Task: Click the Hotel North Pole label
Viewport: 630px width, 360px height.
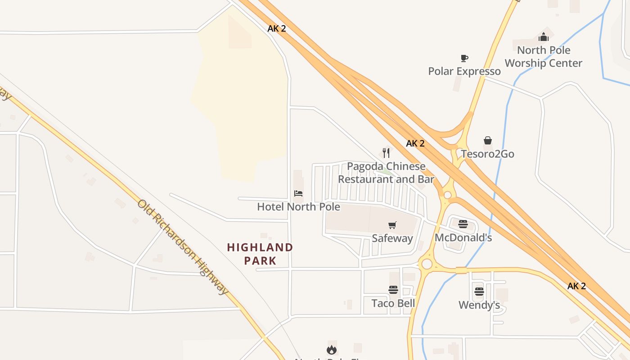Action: [x=298, y=207]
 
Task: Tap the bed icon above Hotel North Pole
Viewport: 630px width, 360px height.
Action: [x=298, y=193]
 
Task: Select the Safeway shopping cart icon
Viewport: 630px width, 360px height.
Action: [x=392, y=225]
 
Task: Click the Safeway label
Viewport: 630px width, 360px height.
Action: [x=392, y=238]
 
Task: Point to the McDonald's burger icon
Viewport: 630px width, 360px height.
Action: [x=463, y=224]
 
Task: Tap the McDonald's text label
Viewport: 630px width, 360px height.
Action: [x=463, y=238]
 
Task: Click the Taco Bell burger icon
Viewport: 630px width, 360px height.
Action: [x=393, y=290]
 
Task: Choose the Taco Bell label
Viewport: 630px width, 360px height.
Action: [x=393, y=303]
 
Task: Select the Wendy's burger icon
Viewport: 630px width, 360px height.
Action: [x=479, y=292]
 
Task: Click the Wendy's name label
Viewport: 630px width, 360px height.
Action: [x=479, y=305]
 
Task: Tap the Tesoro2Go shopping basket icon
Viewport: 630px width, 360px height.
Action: [x=488, y=141]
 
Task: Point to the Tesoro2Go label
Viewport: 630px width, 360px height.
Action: [x=487, y=154]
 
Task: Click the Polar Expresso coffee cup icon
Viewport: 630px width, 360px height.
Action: [x=464, y=58]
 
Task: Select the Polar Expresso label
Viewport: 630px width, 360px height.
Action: [x=464, y=71]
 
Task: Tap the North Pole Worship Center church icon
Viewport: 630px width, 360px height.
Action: [x=544, y=37]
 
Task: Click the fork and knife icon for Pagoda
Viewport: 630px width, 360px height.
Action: [x=386, y=153]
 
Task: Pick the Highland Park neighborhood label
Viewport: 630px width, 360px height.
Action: [x=260, y=254]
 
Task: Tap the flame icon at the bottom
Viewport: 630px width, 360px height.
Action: [x=332, y=350]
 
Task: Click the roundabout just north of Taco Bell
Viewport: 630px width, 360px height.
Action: [x=427, y=264]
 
